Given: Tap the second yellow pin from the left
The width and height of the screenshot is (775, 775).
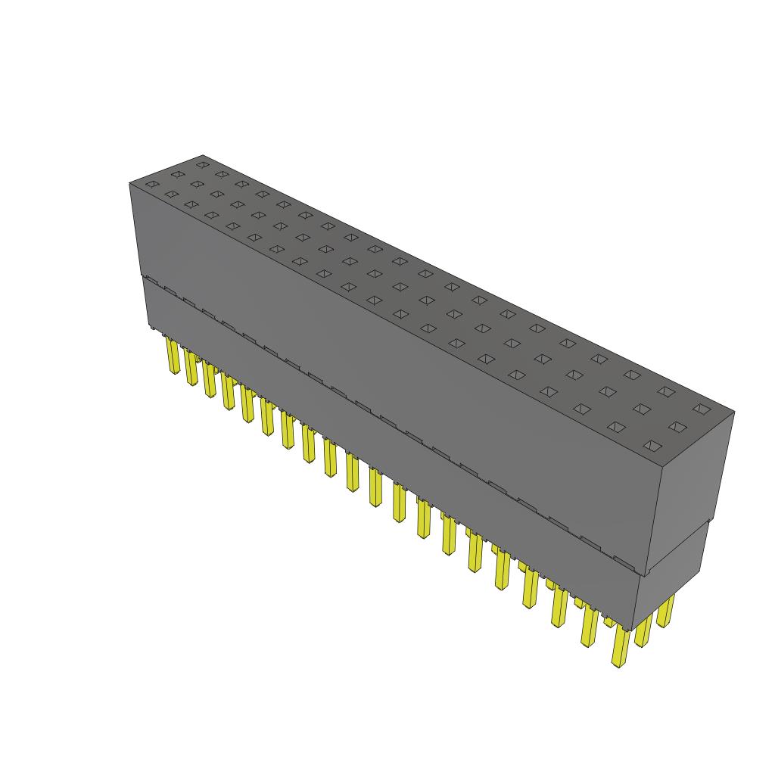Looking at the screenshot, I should click(x=191, y=369).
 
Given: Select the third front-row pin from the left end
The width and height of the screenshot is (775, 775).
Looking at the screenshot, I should click(x=209, y=380).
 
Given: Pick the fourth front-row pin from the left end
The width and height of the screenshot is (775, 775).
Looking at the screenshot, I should click(x=228, y=392).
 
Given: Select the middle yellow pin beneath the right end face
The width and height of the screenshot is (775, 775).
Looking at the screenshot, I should click(x=644, y=630).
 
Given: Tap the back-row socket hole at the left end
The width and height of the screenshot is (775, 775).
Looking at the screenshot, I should click(x=202, y=163).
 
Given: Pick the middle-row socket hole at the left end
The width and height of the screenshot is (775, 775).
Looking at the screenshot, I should click(x=177, y=174).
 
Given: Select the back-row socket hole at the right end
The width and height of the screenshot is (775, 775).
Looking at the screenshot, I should click(x=702, y=409).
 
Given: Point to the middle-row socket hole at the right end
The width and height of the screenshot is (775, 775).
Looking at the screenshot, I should click(x=677, y=428).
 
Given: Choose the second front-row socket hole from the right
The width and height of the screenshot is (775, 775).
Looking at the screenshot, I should click(x=616, y=427).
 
